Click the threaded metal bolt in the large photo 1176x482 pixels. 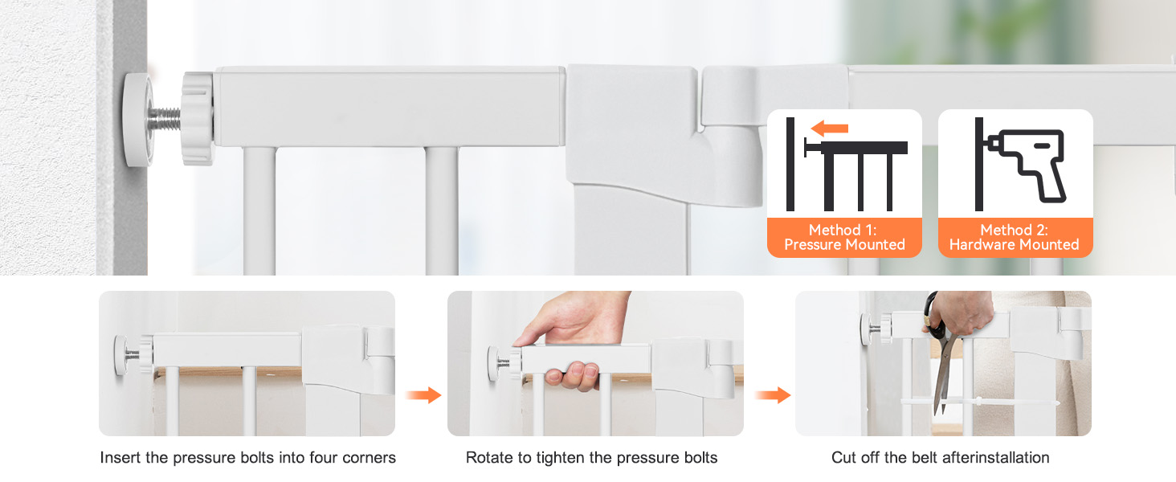click(164, 119)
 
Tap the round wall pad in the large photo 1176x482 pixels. click(137, 120)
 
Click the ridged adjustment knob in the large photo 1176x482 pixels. click(198, 119)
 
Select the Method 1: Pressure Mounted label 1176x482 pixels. click(844, 237)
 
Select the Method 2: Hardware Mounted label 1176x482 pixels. click(1015, 237)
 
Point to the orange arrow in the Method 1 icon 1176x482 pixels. click(830, 128)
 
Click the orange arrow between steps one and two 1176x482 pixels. click(423, 395)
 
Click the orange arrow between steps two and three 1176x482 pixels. click(773, 395)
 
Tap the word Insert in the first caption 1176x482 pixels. click(120, 458)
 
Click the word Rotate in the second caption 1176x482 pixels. click(488, 458)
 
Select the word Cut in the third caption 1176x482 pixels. click(843, 458)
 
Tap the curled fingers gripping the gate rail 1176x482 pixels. click(572, 375)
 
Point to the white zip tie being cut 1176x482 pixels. click(980, 402)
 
